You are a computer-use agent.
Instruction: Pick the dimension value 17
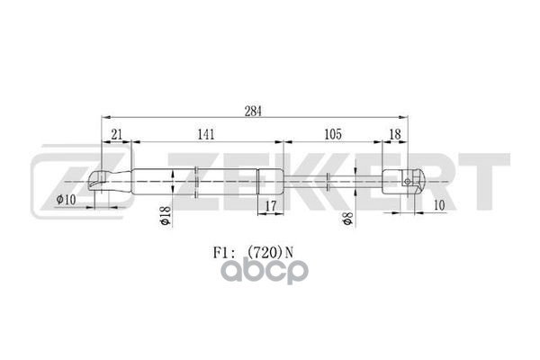click(272, 208)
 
